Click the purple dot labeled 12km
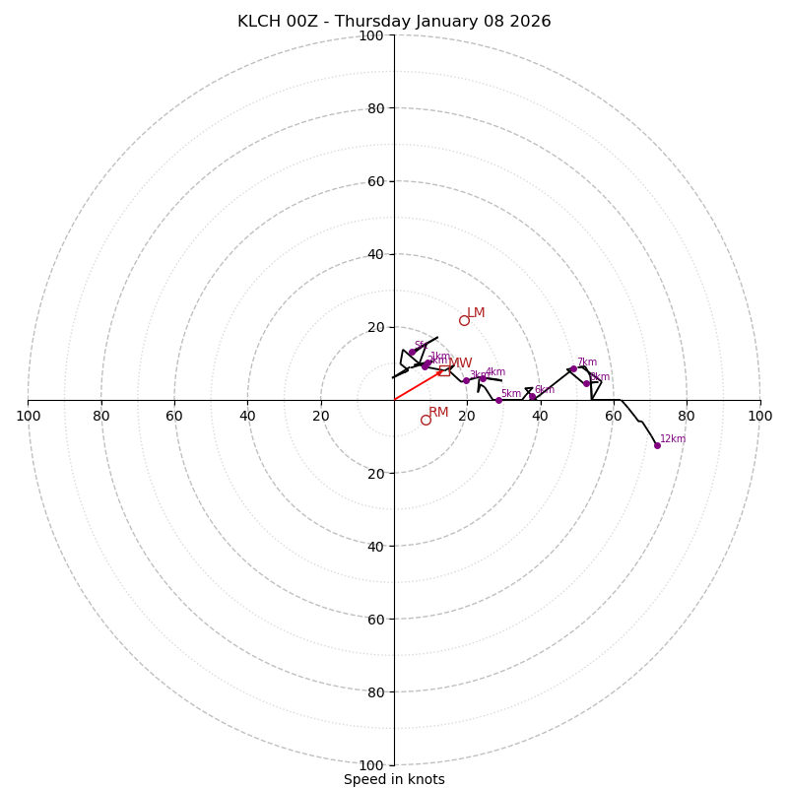[657, 445]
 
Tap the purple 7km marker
[573, 369]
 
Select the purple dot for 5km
[498, 400]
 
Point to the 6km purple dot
[532, 396]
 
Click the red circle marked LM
[464, 320]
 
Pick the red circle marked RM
[426, 420]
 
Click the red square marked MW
[444, 370]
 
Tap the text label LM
[476, 313]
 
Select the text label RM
[438, 413]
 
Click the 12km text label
[673, 439]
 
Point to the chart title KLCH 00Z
[394, 22]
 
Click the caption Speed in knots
[394, 779]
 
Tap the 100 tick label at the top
[371, 35]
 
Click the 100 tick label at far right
[760, 416]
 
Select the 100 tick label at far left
[28, 416]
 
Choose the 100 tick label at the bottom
[371, 765]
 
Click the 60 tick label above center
[375, 181]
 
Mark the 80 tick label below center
[375, 692]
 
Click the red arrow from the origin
[419, 385]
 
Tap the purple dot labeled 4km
[483, 378]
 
